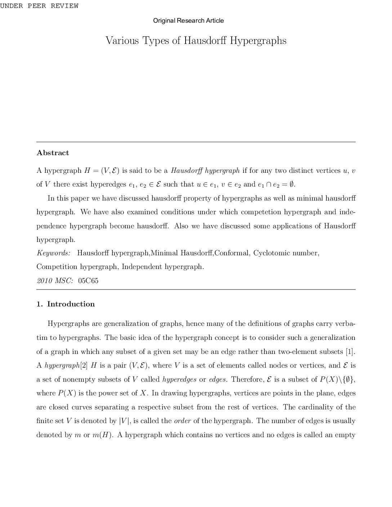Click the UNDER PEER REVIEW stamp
coord(39,6)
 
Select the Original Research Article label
coord(188,21)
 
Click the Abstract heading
coord(53,153)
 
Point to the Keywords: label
coord(54,253)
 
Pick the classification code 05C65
coord(88,281)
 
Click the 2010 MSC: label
coord(55,281)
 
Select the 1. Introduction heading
coord(66,304)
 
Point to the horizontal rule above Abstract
coord(196,142)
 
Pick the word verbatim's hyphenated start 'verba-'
coord(346,324)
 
